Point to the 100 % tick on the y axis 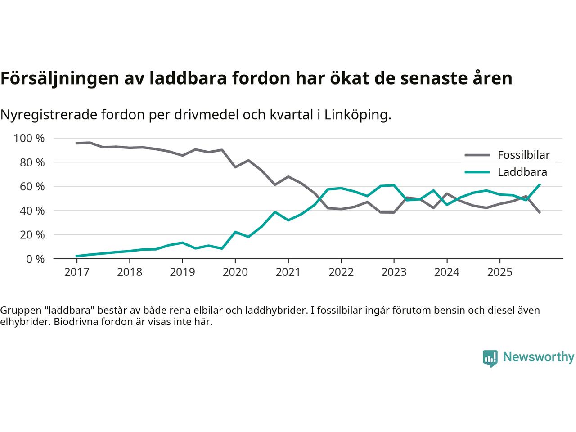(29, 138)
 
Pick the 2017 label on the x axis (76, 272)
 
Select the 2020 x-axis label (235, 272)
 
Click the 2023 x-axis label (394, 272)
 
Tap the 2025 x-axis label (499, 272)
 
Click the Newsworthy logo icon (490, 358)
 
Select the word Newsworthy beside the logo (538, 357)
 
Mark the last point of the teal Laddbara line (540, 184)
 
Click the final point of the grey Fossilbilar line (540, 212)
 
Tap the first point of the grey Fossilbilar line (76, 143)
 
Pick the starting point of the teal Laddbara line (76, 256)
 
